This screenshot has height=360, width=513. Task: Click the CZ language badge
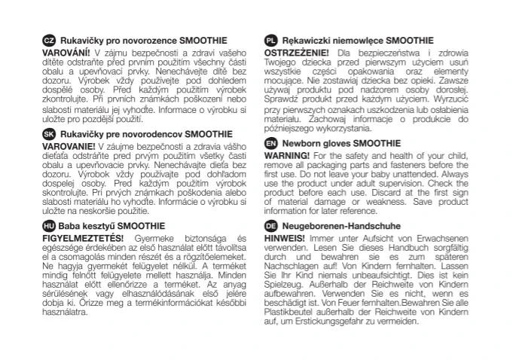(x=47, y=40)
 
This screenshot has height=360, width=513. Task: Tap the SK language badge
(x=47, y=133)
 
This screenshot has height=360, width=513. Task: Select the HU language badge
(x=47, y=226)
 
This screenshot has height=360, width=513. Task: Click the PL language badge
(x=271, y=40)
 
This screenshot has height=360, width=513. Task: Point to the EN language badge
(x=271, y=142)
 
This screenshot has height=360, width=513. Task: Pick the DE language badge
(x=271, y=226)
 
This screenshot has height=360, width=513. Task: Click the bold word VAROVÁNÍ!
(x=66, y=52)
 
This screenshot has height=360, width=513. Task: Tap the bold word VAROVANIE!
(x=68, y=145)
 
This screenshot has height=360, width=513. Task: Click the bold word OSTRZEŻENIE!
(x=296, y=52)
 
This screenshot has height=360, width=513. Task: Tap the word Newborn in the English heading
(x=300, y=142)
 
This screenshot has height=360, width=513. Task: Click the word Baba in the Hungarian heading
(x=69, y=226)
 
